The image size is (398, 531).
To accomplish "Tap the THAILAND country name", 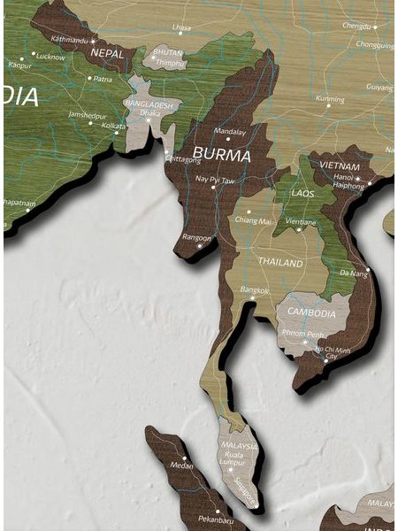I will click(280, 263).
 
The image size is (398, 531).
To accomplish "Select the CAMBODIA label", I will click(311, 313).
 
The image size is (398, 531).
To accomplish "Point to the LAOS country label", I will click(302, 193).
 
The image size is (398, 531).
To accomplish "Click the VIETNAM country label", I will click(340, 166).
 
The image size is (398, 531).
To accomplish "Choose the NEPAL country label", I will click(106, 52).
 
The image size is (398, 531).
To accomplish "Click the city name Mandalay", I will click(230, 131).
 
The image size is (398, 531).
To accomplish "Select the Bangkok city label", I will click(253, 289).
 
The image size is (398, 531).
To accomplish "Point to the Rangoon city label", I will click(197, 237).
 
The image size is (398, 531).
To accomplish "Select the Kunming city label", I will click(330, 99).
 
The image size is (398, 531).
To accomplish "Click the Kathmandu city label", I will click(71, 40).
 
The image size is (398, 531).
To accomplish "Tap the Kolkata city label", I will click(113, 126).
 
